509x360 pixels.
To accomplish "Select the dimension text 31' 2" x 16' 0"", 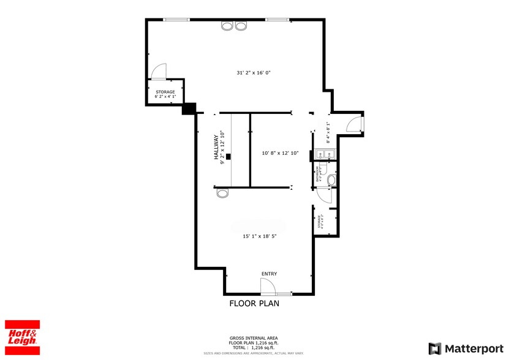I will (x=254, y=72).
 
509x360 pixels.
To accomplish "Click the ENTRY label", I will (x=269, y=274).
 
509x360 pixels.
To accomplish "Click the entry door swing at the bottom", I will (x=266, y=286).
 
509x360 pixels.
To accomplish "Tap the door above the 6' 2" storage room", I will (x=158, y=71).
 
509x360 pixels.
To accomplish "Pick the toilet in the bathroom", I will (x=332, y=180).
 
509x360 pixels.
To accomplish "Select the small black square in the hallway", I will (x=228, y=157).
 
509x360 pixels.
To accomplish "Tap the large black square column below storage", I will (x=189, y=108).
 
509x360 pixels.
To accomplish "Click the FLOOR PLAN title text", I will (x=254, y=303).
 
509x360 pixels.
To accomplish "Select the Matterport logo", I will (x=465, y=348).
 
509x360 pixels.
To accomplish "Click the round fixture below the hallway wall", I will (x=222, y=193).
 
